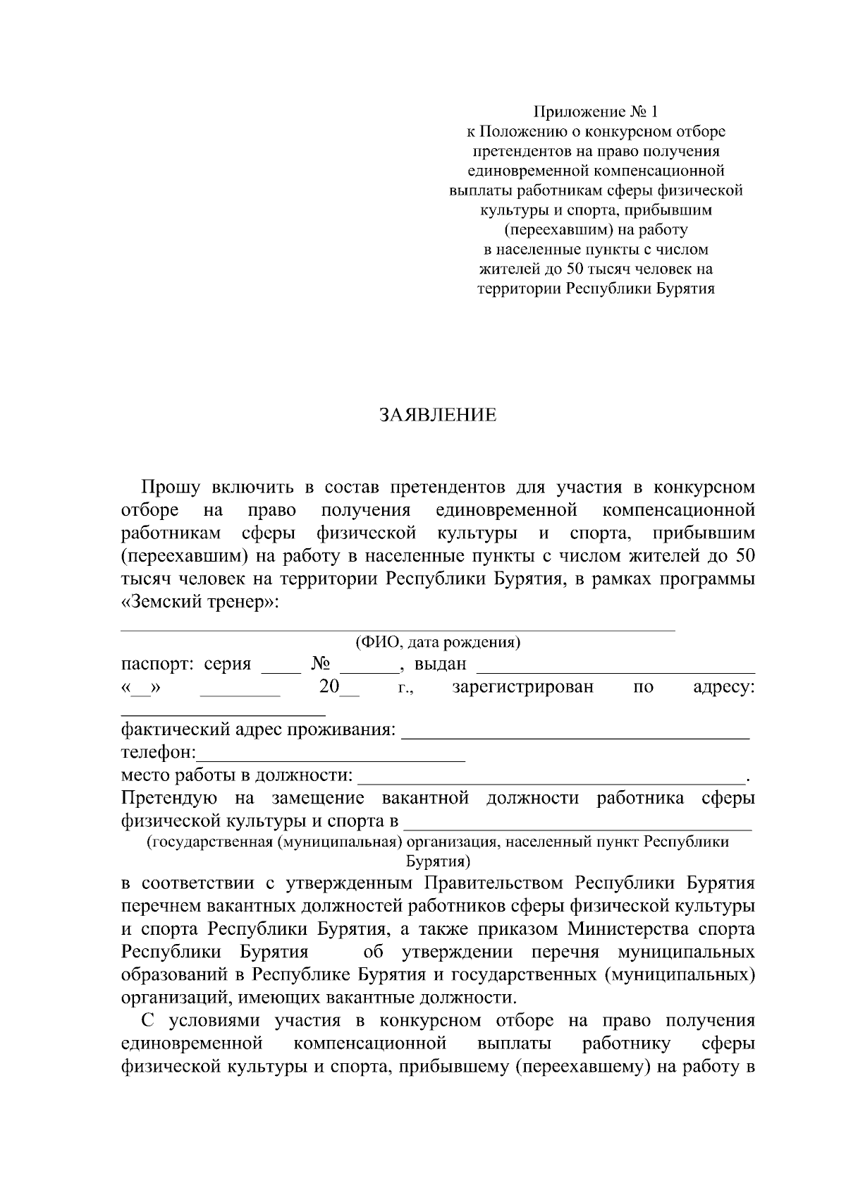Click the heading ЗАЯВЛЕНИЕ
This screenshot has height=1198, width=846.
(438, 415)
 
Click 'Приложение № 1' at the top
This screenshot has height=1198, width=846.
(596, 111)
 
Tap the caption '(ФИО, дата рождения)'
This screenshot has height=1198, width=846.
(438, 642)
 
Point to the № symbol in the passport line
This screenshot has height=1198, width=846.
(321, 664)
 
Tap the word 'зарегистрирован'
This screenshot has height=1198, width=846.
(522, 686)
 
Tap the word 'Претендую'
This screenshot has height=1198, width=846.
(168, 798)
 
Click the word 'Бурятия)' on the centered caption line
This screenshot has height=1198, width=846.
(438, 861)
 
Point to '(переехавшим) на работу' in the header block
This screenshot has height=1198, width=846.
(596, 229)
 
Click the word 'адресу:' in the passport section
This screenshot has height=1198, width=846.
(723, 686)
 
